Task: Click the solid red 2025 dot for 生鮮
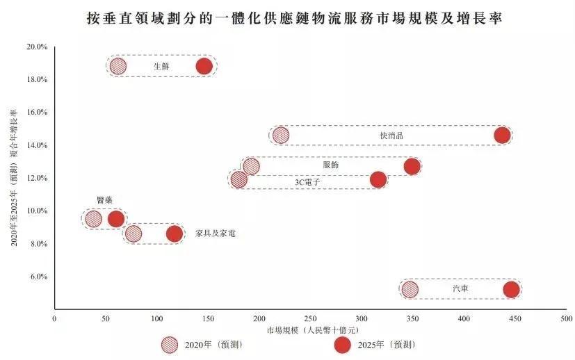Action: point(204,67)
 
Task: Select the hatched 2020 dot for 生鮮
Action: point(118,67)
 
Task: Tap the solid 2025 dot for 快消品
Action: point(502,135)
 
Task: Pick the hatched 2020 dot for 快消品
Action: point(281,136)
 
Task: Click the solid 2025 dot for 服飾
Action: point(412,166)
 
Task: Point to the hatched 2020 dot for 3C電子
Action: point(238,179)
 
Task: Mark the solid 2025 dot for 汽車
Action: point(511,290)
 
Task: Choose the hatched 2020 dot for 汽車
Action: point(410,290)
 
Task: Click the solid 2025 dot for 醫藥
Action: point(116,219)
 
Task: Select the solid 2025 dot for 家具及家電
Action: point(175,234)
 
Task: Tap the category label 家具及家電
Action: point(216,234)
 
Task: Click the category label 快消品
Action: point(391,136)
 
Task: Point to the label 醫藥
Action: point(104,200)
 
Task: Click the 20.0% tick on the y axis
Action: point(37,47)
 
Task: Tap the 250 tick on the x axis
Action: point(310,318)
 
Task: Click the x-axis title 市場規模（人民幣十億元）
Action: point(310,330)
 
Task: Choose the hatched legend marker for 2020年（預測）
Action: point(169,345)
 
